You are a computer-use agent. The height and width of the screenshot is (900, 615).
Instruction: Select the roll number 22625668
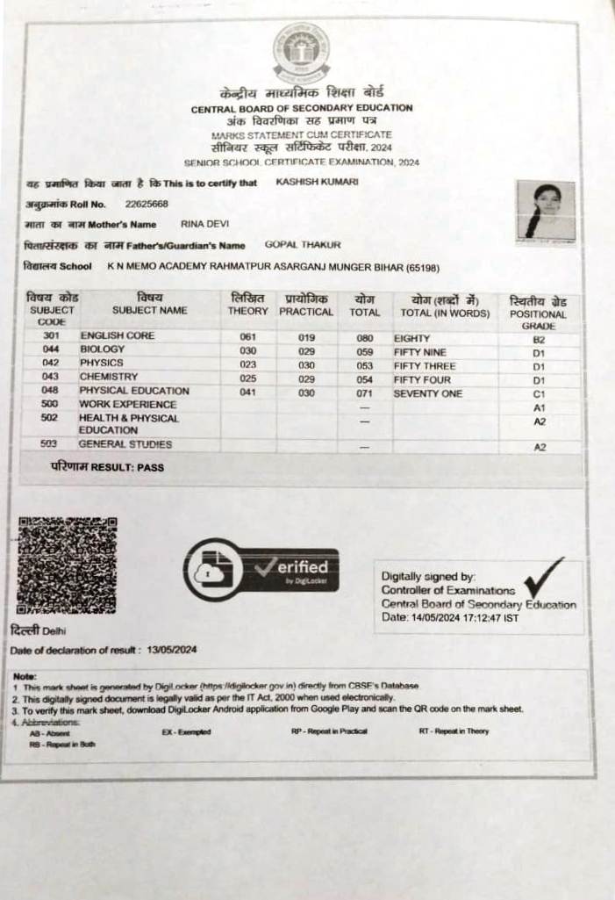tap(147, 204)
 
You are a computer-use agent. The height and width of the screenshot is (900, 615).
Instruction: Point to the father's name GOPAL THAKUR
tap(303, 245)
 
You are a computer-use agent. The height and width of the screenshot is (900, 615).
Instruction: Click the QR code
tap(68, 565)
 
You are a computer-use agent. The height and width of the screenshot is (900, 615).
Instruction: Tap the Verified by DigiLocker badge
tap(261, 569)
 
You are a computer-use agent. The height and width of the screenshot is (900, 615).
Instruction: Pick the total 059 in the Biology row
tap(365, 349)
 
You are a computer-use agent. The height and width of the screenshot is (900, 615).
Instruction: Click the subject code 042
tap(50, 363)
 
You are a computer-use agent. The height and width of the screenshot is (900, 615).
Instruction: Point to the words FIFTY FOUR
tap(423, 379)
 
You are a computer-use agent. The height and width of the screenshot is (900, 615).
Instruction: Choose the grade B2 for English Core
tap(539, 338)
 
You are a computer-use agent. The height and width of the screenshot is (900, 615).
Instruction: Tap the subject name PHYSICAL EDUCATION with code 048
tap(134, 391)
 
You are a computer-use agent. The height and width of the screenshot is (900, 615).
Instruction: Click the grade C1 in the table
tap(539, 394)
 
